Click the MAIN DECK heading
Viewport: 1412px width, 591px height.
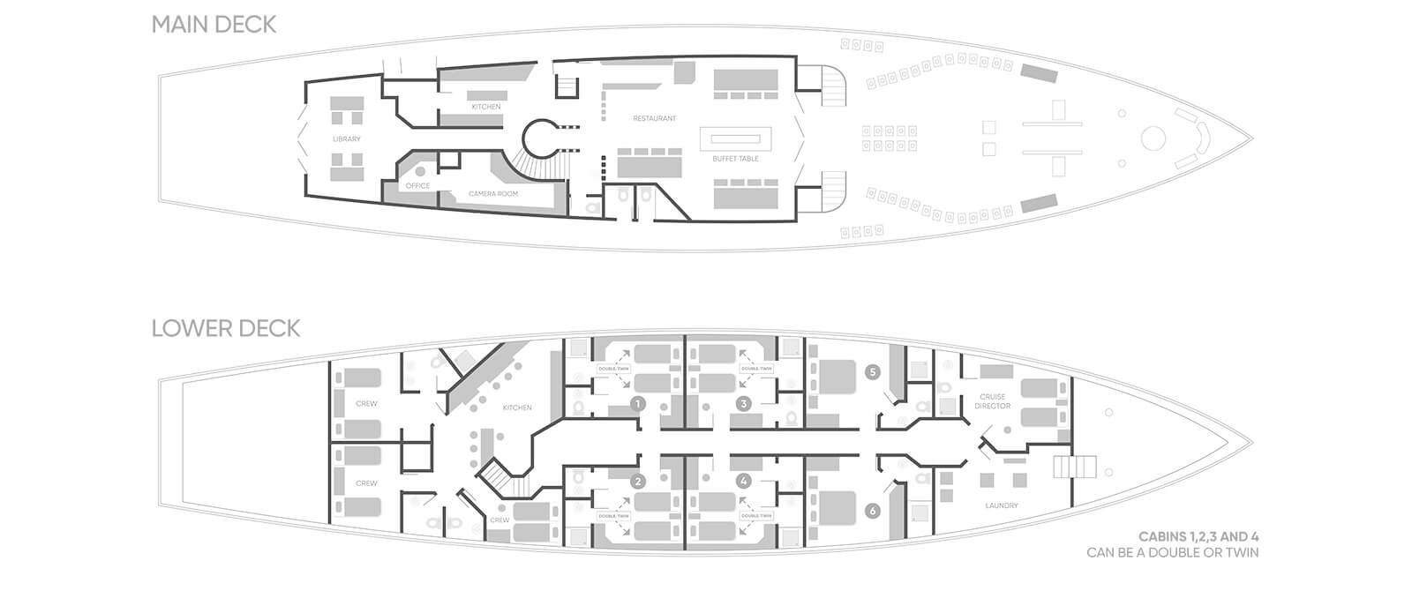(214, 25)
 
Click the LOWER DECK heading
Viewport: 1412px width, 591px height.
(226, 329)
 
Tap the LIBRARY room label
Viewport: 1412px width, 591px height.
(347, 139)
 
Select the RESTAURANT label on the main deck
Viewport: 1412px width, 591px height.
(655, 118)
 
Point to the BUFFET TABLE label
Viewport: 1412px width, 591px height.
(736, 159)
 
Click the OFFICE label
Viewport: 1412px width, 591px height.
(417, 186)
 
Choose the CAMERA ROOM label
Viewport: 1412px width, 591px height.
(493, 193)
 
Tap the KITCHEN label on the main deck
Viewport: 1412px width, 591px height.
(485, 107)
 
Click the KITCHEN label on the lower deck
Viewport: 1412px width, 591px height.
(517, 408)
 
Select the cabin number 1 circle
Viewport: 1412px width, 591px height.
(637, 404)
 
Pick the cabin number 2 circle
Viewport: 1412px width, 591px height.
(637, 482)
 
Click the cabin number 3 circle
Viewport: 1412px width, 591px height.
(744, 404)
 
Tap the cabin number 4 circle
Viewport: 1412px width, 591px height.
(744, 482)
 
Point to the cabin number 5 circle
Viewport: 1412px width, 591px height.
(873, 372)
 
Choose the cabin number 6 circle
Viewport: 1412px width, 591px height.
(873, 511)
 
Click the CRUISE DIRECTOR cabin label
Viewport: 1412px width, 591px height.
(993, 402)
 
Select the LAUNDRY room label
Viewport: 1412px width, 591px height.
(1001, 505)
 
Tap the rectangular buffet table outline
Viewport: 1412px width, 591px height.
(737, 139)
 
